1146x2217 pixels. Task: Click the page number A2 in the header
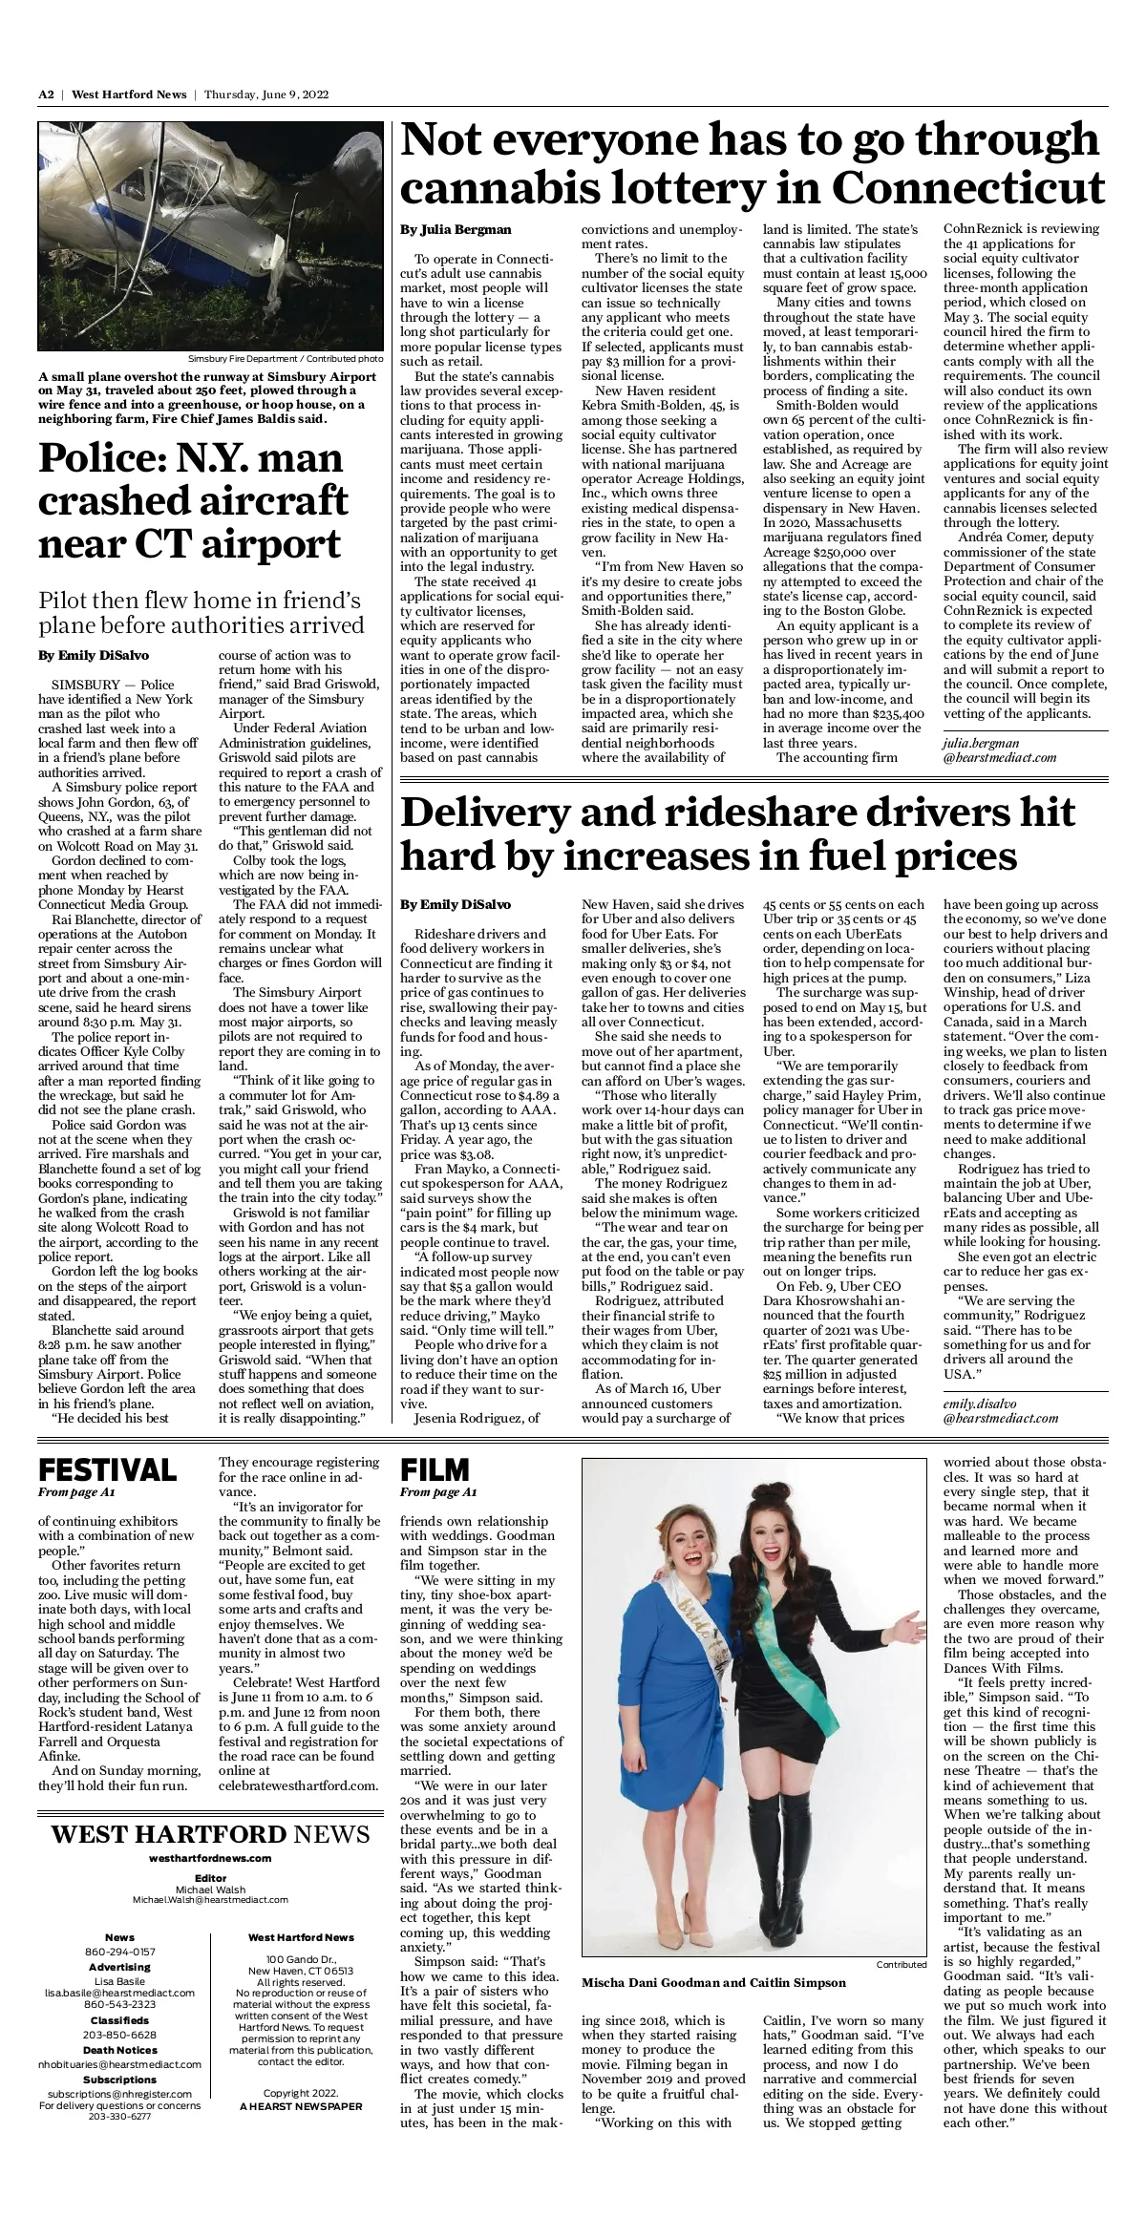[46, 95]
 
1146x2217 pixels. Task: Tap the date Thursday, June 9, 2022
[266, 95]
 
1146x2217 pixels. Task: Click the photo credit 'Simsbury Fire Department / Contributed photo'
[286, 359]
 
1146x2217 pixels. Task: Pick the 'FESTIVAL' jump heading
[107, 1469]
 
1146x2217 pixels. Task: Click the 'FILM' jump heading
[435, 1469]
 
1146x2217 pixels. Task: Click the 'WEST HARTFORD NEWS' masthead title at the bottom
[210, 1834]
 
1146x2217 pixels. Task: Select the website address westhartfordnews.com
[210, 1858]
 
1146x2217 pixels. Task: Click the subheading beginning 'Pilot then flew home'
[201, 613]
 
